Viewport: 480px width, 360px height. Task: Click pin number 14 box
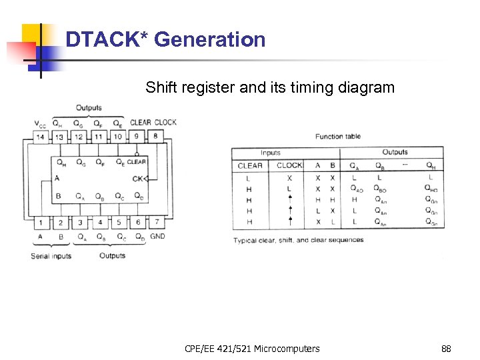[41, 137]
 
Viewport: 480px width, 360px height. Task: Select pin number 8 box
[156, 137]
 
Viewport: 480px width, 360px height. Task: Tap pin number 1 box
[41, 222]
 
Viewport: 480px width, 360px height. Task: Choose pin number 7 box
[157, 222]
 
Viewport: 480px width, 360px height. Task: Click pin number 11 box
[99, 137]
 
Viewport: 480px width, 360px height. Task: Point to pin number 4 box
[99, 222]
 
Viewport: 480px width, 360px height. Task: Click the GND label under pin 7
[158, 237]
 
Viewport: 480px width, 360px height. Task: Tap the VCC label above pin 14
[41, 124]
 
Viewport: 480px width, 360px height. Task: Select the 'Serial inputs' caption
[51, 256]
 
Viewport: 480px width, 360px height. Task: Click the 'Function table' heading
[338, 137]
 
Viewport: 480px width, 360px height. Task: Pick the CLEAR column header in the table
[250, 165]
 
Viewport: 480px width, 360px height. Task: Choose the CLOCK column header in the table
[289, 165]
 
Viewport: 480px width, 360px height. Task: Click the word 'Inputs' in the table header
[270, 153]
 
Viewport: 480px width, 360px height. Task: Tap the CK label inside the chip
[138, 178]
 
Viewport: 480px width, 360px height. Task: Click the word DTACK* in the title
[107, 40]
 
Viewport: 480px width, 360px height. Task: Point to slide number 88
[446, 349]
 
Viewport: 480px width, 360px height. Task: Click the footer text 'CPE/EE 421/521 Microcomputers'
[252, 349]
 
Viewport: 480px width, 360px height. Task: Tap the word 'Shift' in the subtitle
[162, 87]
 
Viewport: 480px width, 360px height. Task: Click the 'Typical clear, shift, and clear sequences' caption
[298, 240]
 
